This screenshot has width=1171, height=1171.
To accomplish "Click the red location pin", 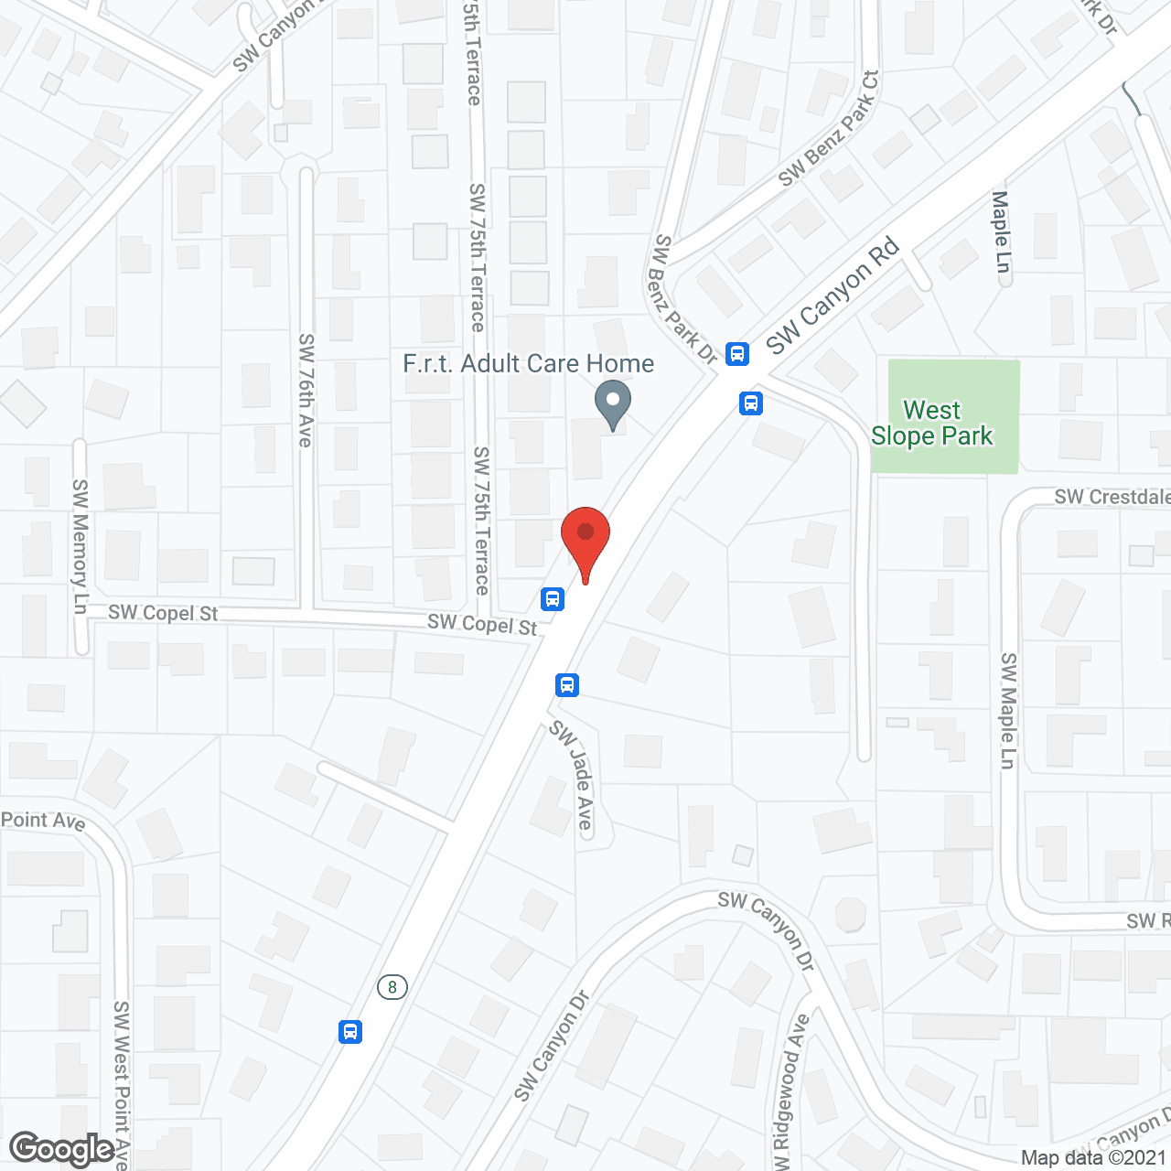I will (x=585, y=540).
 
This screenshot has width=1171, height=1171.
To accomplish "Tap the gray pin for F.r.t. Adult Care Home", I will (x=613, y=403).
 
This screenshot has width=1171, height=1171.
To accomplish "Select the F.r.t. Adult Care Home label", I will (x=529, y=364).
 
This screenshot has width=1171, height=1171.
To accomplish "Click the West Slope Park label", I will (x=932, y=423).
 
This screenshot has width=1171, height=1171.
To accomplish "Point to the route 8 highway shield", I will (x=392, y=987).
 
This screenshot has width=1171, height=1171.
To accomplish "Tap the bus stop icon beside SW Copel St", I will (x=552, y=599).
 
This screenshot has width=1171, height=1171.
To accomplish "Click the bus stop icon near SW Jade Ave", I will (x=567, y=684).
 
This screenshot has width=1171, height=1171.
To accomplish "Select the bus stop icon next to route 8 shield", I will (x=349, y=1032).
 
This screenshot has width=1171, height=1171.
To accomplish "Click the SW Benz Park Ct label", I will (x=829, y=128).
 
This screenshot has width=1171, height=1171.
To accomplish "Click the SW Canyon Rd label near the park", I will (x=833, y=296).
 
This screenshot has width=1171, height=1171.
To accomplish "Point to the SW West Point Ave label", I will (x=122, y=1084).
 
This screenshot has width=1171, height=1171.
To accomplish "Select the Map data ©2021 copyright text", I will (x=1094, y=1158).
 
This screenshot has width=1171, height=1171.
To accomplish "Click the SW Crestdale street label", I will (x=1112, y=497).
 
